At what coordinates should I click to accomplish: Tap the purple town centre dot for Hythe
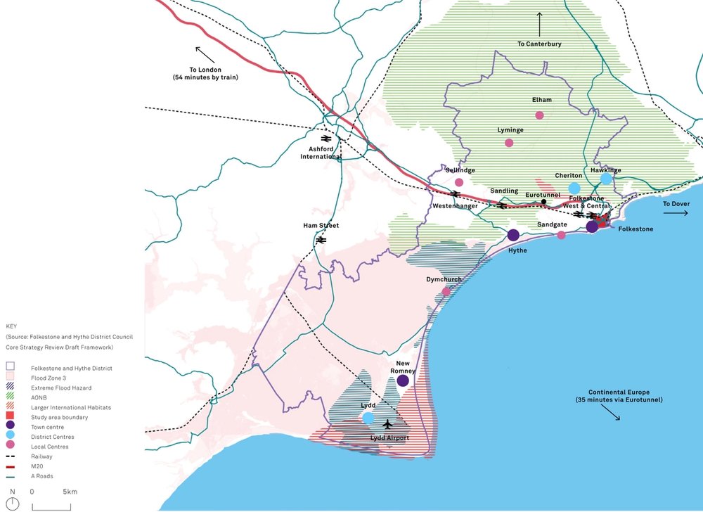[513, 235]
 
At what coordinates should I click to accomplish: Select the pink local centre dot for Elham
[539, 115]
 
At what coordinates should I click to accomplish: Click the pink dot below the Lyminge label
[509, 143]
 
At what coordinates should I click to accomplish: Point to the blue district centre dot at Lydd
[368, 418]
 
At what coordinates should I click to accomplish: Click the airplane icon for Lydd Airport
[387, 424]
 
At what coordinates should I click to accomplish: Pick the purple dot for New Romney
[403, 380]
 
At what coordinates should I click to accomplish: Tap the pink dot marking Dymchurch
[446, 291]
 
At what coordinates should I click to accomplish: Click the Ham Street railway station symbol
[321, 240]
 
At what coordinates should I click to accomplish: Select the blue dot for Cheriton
[574, 188]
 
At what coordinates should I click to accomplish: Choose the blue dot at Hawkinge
[606, 179]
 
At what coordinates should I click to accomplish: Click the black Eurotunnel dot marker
[543, 203]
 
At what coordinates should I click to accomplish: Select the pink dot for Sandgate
[561, 235]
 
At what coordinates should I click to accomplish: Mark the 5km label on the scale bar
[70, 492]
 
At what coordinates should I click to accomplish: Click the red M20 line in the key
[11, 466]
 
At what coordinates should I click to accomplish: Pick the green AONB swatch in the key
[11, 397]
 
